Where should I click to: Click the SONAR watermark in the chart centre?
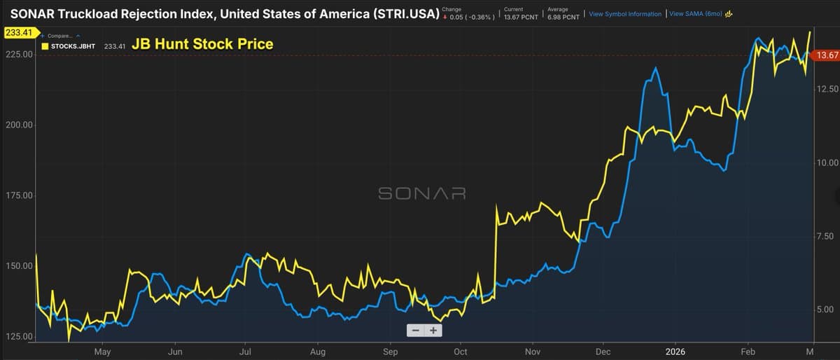tap(421, 193)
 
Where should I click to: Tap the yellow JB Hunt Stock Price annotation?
tap(202, 45)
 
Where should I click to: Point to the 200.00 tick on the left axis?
tap(17, 125)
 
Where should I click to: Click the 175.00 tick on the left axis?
tap(17, 195)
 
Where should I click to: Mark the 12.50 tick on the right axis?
tap(827, 89)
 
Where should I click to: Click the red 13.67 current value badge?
tap(827, 55)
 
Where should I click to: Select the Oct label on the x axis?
tap(461, 352)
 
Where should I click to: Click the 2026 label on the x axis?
tap(675, 352)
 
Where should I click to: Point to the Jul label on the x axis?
tap(245, 352)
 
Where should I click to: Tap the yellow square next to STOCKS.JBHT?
tap(45, 47)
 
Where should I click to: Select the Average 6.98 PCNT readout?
tap(563, 13)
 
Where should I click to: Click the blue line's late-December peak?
tap(655, 68)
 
